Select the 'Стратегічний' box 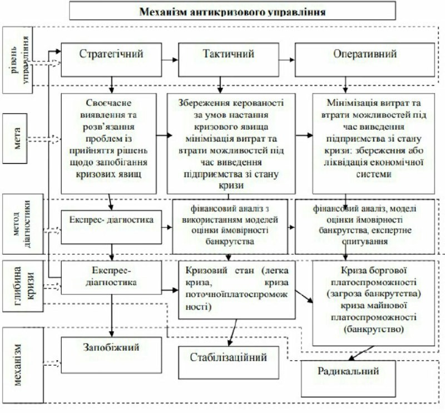coord(111,56)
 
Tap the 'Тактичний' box coord(228,56)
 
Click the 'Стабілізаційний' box coord(229,359)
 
